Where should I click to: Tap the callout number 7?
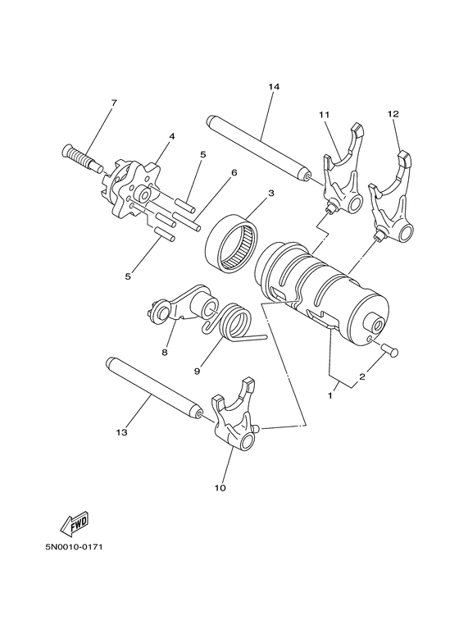click(x=114, y=103)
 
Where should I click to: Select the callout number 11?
click(x=324, y=114)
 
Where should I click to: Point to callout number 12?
click(x=393, y=114)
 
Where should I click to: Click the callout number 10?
click(x=220, y=488)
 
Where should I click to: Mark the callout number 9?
click(x=198, y=370)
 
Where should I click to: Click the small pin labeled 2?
click(x=389, y=350)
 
